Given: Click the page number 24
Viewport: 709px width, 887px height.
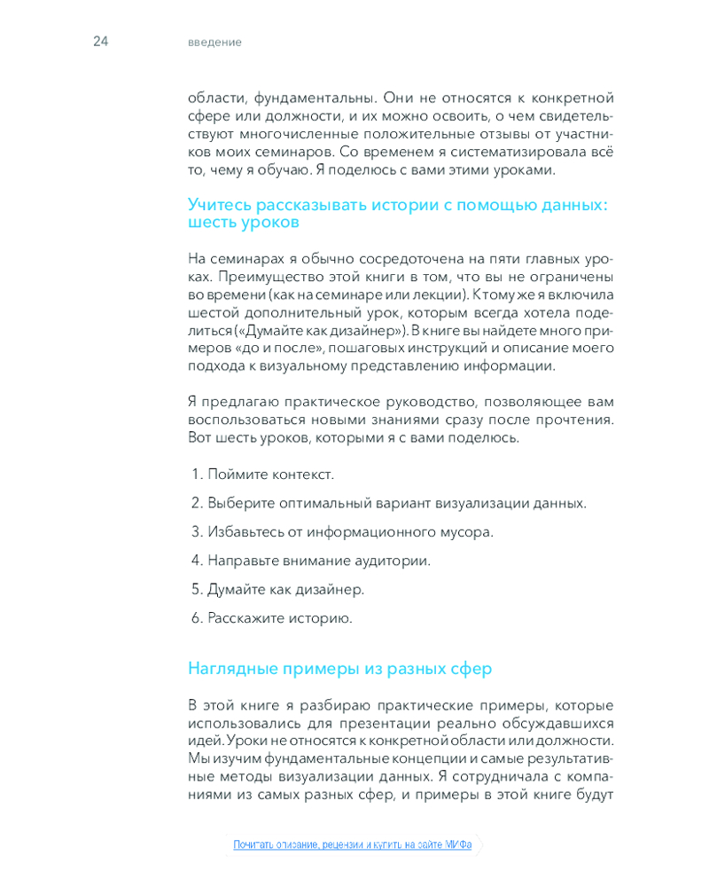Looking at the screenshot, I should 100,42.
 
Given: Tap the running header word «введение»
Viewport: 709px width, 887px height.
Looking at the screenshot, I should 214,43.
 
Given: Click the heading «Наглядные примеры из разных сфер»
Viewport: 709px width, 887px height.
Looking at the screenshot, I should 339,668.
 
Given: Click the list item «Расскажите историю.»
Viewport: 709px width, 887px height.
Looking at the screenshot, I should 279,618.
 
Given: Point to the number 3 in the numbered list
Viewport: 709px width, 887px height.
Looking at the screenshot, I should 197,532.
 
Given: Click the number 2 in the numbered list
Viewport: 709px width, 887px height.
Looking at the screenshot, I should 197,503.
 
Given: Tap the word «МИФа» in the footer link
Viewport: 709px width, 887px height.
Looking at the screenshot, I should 459,844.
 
